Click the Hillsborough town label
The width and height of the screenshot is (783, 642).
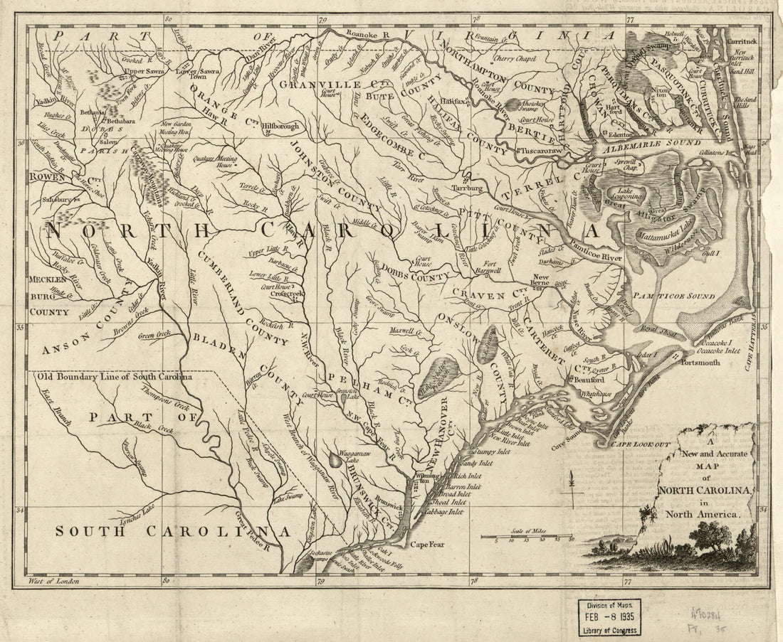(x=282, y=126)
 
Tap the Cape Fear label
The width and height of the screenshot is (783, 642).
(x=426, y=545)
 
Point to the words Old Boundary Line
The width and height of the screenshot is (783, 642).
(x=78, y=377)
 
